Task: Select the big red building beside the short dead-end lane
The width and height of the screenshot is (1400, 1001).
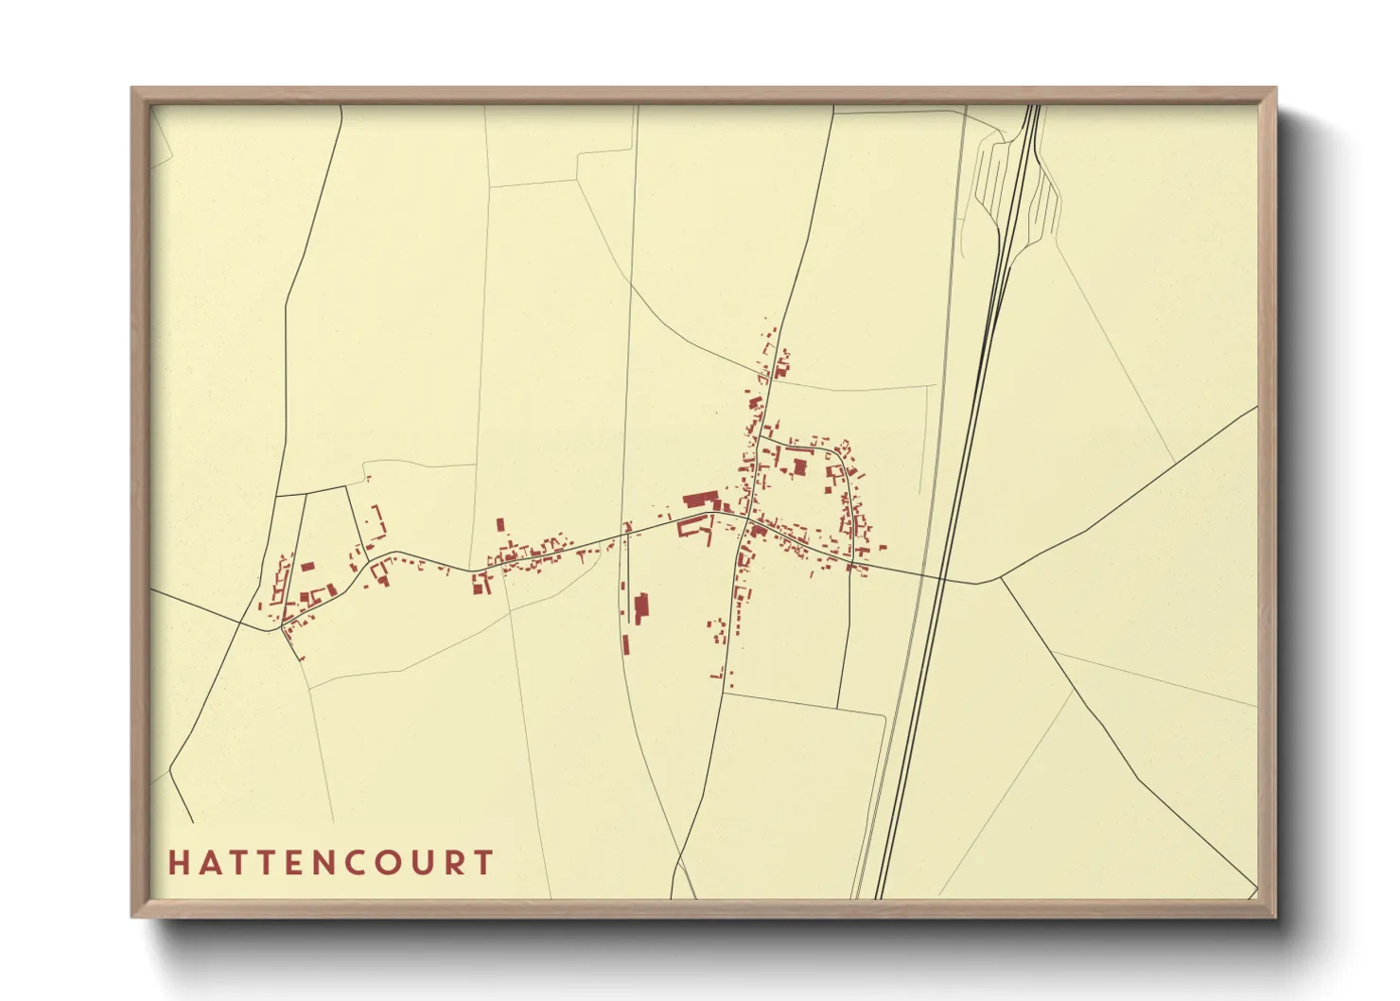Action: [x=641, y=607]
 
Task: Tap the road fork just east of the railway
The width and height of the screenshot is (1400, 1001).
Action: [x=1000, y=577]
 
